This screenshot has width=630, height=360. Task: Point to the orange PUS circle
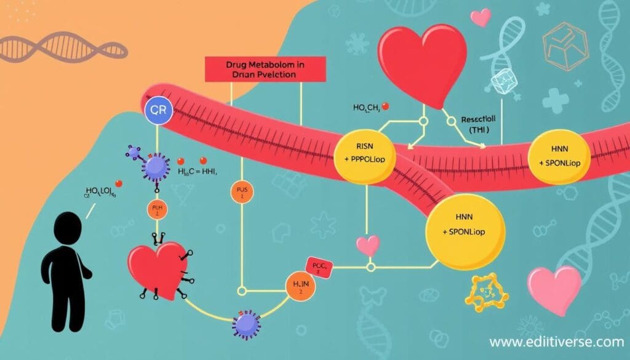pos(241,192)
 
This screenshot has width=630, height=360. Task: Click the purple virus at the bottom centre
pos(247,324)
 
